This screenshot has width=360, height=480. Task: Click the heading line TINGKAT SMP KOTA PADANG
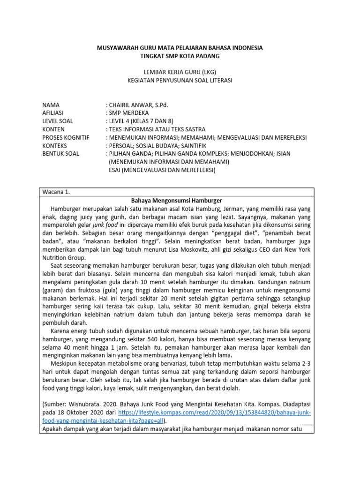(180, 56)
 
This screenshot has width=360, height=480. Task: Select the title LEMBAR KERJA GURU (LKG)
(180, 72)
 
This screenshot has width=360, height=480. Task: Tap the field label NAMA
(50, 105)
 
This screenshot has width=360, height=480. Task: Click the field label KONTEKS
(55, 145)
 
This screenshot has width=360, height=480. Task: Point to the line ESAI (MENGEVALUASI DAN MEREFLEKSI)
(162, 170)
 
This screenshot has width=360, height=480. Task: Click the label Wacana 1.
(56, 192)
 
